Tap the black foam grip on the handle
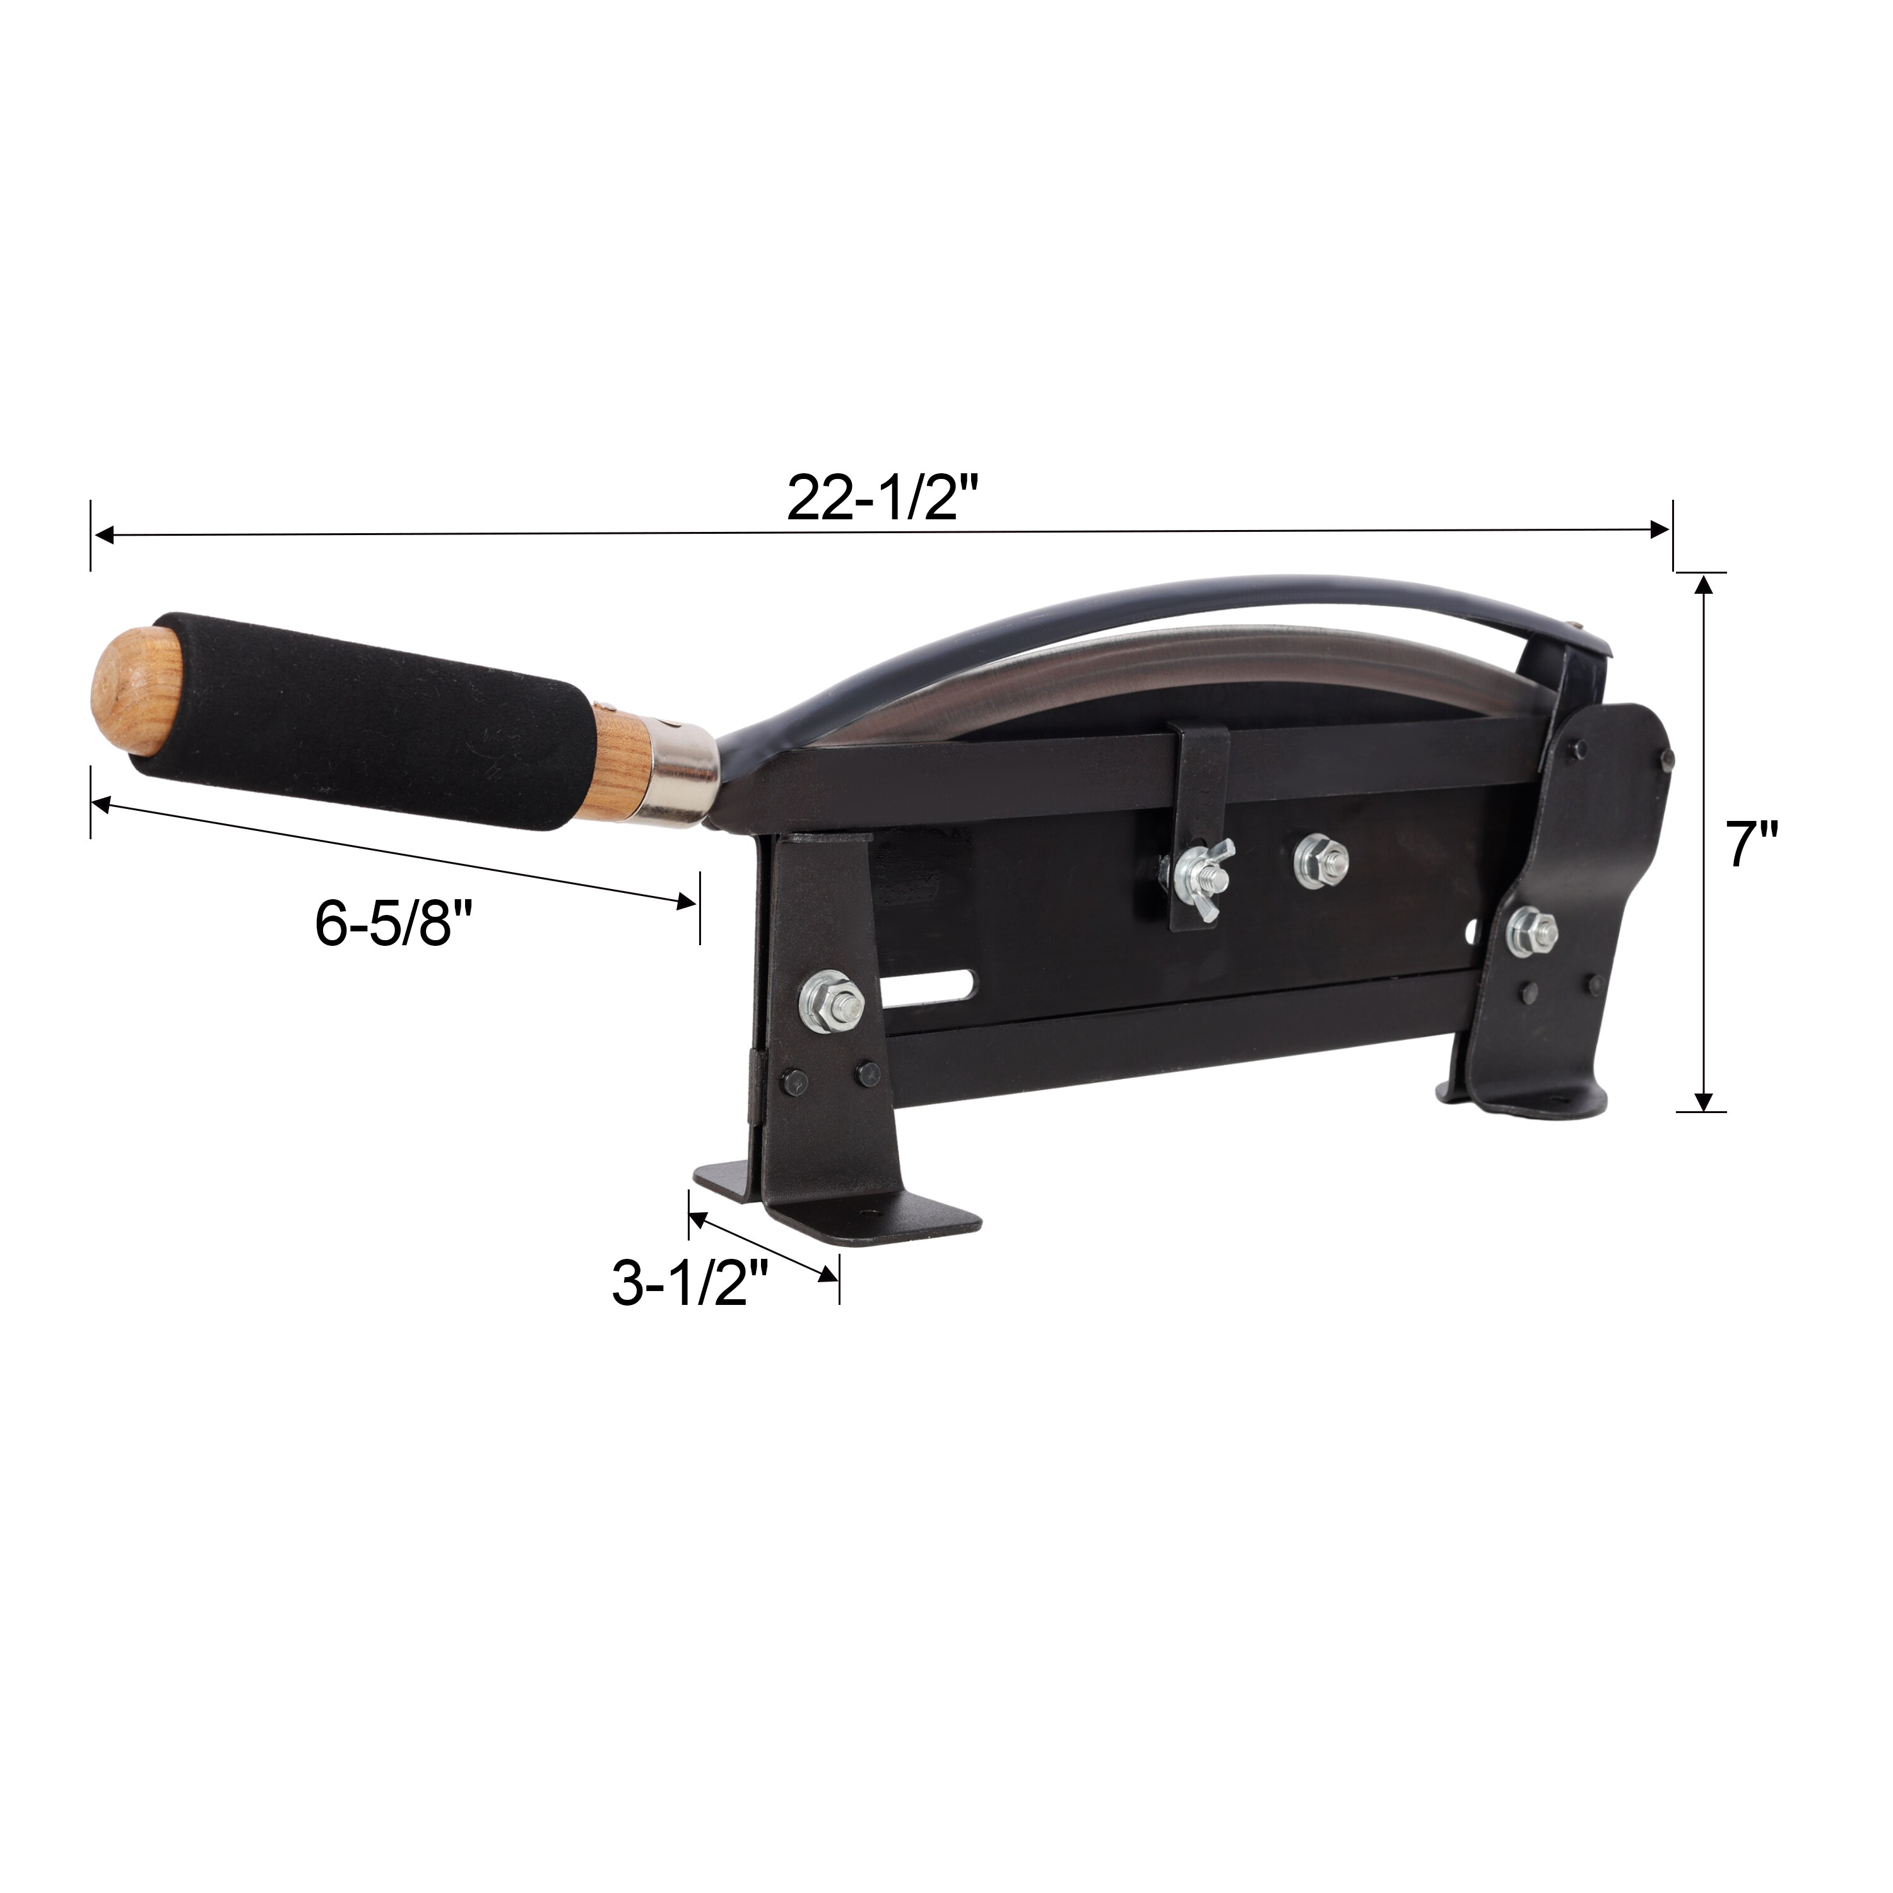(x=367, y=722)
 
